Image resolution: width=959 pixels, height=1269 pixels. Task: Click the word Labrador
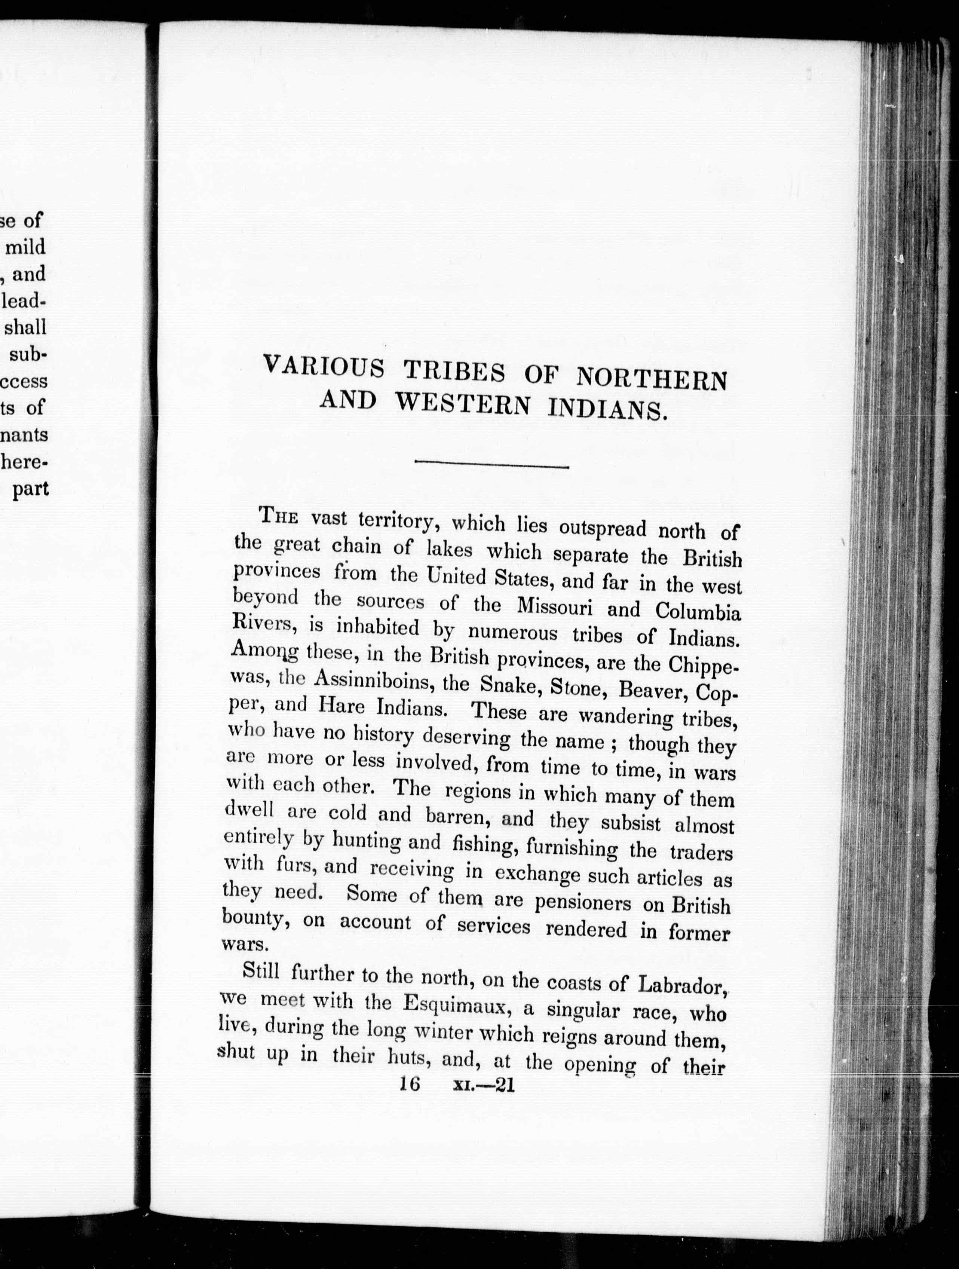tap(683, 985)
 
